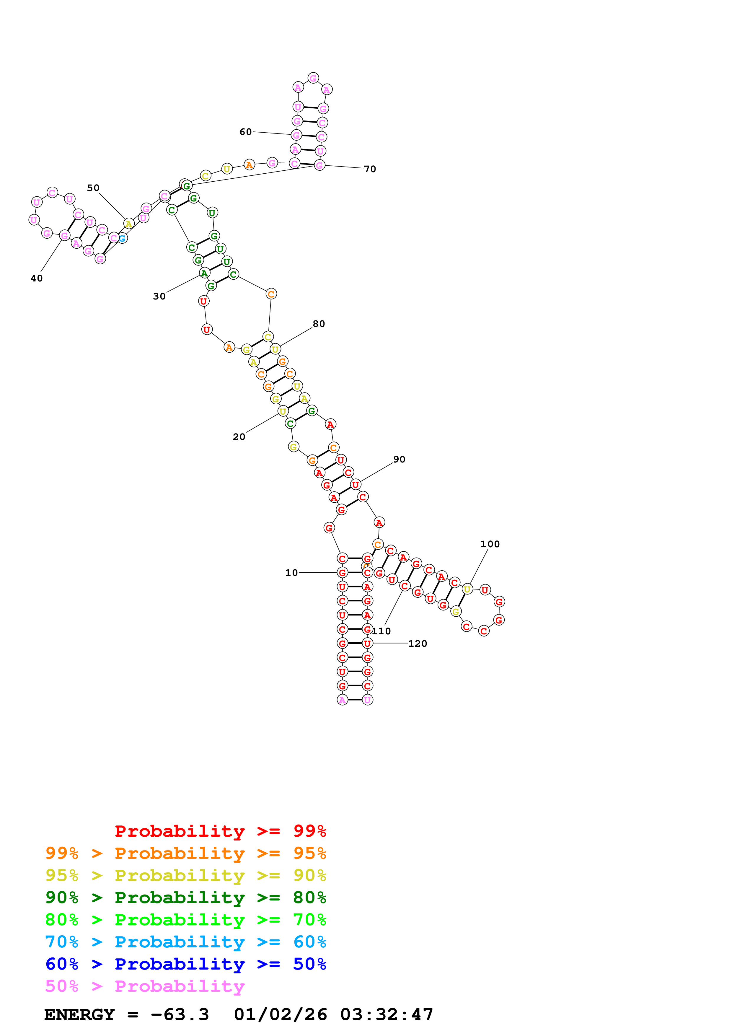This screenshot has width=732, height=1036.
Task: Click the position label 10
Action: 291,573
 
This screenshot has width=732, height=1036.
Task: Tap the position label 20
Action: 239,437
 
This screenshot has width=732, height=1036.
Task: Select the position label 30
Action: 159,297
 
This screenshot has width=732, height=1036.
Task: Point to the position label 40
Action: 37,278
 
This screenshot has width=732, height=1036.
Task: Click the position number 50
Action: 93,188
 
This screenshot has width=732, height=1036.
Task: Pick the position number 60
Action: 245,132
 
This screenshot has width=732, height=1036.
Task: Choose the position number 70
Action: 370,169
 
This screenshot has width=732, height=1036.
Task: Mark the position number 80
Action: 319,324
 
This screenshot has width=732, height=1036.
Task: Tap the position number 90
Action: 399,459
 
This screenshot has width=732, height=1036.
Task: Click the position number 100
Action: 490,544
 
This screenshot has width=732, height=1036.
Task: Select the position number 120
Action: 417,644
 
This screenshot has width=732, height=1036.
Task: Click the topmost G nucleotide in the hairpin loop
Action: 313,78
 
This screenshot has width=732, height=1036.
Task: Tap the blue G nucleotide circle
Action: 122,238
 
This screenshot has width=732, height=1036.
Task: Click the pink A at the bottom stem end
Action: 342,700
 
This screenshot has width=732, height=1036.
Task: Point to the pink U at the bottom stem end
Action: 368,700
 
